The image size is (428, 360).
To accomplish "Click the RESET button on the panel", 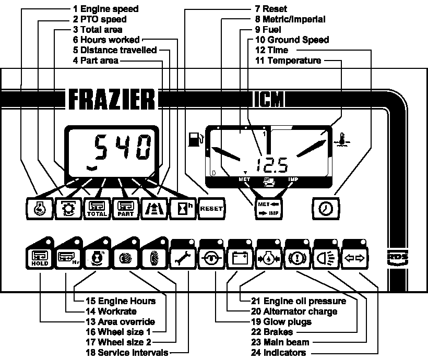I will click(212, 208).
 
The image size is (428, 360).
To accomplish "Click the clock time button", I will click(326, 208).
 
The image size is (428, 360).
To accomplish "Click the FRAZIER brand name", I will click(111, 99).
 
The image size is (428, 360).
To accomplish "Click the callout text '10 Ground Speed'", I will click(292, 40).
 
